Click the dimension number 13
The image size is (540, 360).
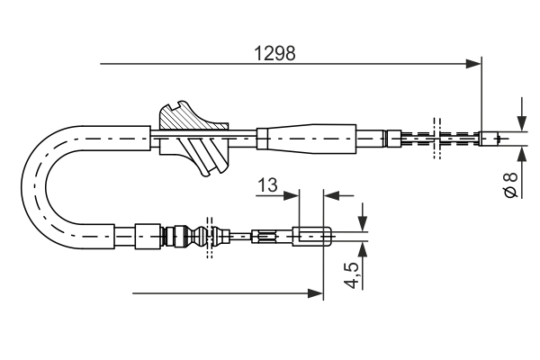coord(266,184)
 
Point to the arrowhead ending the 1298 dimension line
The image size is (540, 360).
coord(473,64)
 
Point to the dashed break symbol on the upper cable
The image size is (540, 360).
coord(436,138)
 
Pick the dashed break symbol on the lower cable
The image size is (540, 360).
coord(210,238)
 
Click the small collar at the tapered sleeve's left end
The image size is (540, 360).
coord(263,138)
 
